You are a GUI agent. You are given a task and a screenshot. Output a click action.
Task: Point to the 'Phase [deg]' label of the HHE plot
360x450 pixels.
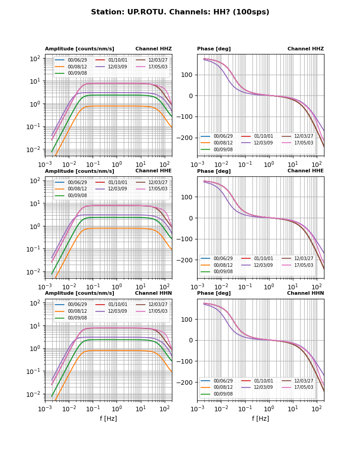point(214,171)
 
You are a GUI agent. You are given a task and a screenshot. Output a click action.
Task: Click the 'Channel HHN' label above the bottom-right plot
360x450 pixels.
point(306,293)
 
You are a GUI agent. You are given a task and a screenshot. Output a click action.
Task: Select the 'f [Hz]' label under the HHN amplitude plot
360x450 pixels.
point(108,418)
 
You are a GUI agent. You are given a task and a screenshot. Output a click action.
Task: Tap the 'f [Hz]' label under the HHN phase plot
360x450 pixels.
point(261,418)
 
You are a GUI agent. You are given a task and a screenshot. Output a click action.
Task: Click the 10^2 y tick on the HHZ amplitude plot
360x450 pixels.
point(36,58)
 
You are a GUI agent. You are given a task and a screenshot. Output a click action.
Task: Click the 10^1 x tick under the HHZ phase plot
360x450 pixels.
point(293,165)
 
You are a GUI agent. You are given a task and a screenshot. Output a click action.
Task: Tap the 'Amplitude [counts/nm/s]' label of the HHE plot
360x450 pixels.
point(79,171)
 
